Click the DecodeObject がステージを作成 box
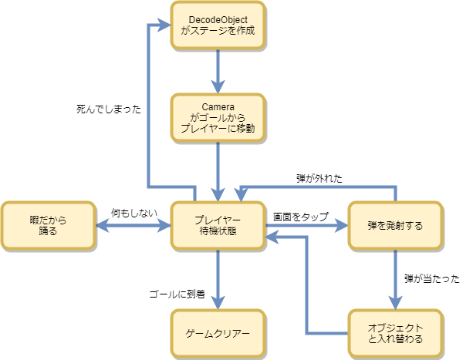(218, 26)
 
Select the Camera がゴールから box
(218, 119)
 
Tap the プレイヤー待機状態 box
(218, 225)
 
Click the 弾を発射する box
(396, 225)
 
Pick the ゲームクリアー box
(218, 333)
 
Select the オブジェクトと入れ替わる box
(396, 333)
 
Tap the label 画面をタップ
(300, 217)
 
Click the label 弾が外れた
(319, 178)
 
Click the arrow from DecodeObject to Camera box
(218, 71)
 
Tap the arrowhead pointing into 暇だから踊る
(101, 226)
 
